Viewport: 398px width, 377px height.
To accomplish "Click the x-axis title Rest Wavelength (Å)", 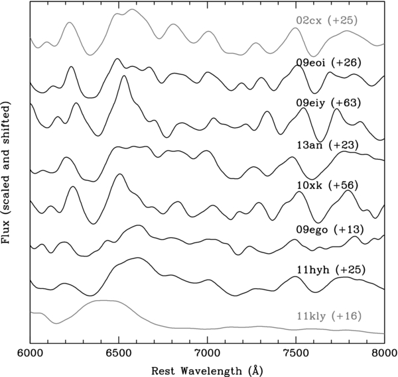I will pyautogui.click(x=207, y=368).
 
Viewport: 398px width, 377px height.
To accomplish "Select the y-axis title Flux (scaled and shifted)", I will pyautogui.click(x=9, y=174).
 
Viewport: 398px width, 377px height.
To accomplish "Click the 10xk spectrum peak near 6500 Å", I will pyautogui.click(x=119, y=175).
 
